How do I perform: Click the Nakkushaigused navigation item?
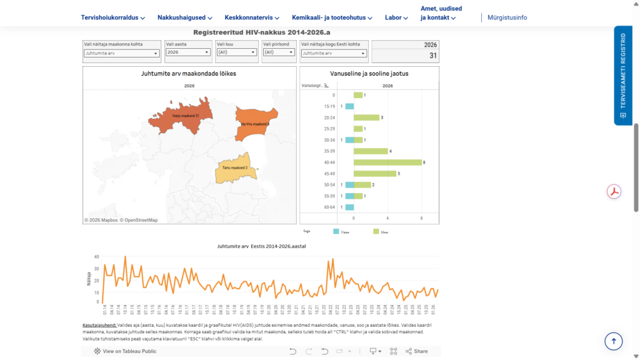184,17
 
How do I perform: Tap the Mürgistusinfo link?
507,17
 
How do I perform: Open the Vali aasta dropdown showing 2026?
188,52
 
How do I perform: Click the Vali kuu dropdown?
236,52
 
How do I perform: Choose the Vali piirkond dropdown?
279,52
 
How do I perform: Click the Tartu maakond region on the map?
234,167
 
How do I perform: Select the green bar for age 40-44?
387,162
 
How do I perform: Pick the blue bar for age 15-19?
349,106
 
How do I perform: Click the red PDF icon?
614,191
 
